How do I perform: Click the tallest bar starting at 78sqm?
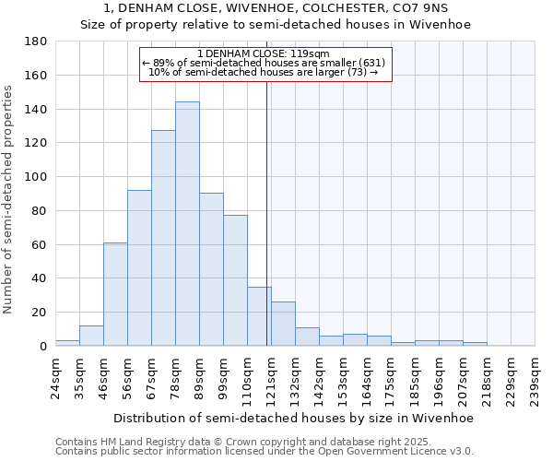click(187, 224)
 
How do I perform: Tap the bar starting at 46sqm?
click(115, 294)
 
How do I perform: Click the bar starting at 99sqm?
click(235, 280)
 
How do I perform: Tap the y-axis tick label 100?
click(36, 177)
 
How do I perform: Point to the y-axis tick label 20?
click(40, 313)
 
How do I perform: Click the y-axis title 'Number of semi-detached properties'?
click(9, 199)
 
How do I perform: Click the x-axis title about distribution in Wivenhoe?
click(293, 419)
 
